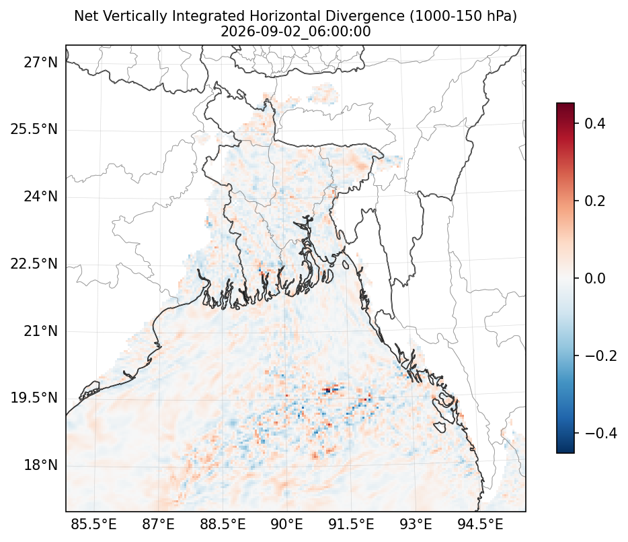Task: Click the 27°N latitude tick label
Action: [x=40, y=63]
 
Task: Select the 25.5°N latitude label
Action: [x=34, y=129]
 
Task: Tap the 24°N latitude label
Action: [x=40, y=197]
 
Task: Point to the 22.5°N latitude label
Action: [x=34, y=264]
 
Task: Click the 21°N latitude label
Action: [x=40, y=331]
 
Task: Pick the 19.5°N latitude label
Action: [x=34, y=398]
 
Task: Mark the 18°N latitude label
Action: [x=40, y=465]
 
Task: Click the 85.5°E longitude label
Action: [x=93, y=524]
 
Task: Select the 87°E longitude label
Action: [x=158, y=524]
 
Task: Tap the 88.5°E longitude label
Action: [x=223, y=524]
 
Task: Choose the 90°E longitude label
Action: [x=286, y=524]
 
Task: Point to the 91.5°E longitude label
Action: [x=351, y=524]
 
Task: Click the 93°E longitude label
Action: [x=416, y=524]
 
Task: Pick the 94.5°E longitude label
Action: [x=480, y=524]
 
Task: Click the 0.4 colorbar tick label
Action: [x=595, y=123]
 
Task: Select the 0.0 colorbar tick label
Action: [x=595, y=278]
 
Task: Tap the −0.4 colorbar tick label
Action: [x=600, y=433]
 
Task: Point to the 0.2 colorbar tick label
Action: [x=595, y=201]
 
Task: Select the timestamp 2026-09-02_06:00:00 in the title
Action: [x=296, y=31]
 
